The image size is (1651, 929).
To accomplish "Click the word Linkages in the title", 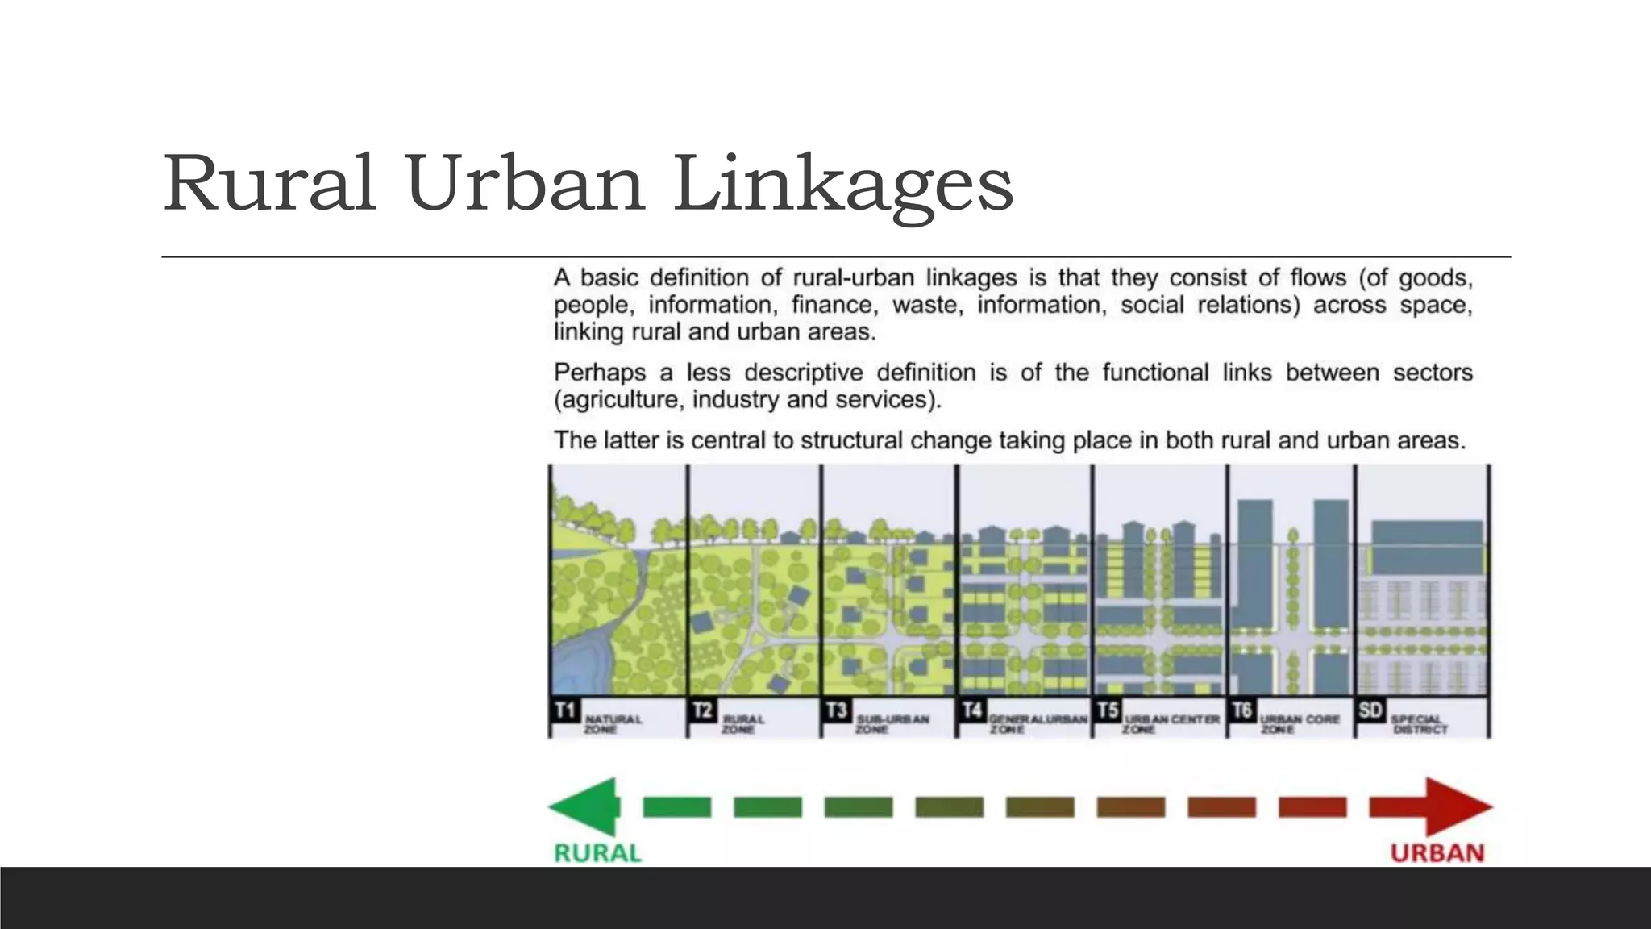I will [843, 185].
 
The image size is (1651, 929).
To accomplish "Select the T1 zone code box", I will [565, 710].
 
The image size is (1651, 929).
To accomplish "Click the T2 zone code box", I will [702, 710].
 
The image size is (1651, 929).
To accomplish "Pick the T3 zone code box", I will [837, 710].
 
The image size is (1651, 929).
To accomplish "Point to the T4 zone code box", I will [972, 710].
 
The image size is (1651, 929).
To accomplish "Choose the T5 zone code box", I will [1108, 710].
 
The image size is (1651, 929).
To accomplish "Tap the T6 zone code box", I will [1242, 710].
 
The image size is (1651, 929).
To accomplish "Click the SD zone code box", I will [1370, 710].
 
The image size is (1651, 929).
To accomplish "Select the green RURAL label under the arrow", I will [597, 852].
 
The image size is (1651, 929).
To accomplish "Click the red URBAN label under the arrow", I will [1437, 852].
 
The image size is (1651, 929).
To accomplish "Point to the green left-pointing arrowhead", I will [584, 806].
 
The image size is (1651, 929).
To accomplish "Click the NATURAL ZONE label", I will [613, 723].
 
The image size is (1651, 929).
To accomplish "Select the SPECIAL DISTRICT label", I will [1420, 723].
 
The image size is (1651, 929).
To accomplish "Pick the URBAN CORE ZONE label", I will [1299, 723].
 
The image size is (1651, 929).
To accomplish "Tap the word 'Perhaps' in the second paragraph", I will [600, 373].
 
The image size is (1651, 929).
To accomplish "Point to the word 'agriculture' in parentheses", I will [620, 400].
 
